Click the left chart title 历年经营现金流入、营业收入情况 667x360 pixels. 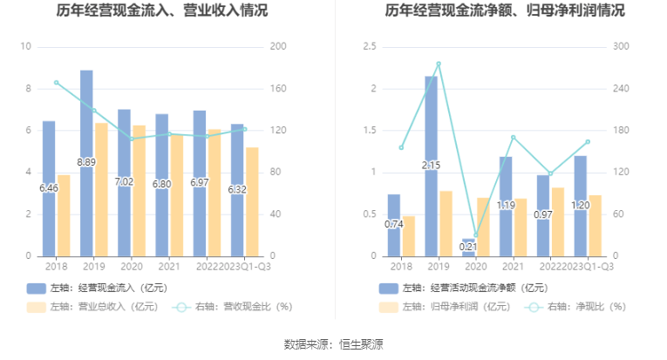(162, 11)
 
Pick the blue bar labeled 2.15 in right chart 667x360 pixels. (431, 166)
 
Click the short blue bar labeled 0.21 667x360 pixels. (469, 248)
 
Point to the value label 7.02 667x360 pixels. (125, 181)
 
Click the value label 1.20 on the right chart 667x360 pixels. (581, 205)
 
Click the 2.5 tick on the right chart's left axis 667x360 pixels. (369, 47)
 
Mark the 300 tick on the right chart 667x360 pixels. (623, 47)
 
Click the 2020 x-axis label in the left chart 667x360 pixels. (131, 267)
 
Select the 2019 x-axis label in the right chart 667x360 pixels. (439, 267)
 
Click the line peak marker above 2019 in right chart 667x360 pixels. (439, 64)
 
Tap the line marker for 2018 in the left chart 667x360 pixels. (56, 83)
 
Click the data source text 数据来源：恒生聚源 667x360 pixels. (333, 344)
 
